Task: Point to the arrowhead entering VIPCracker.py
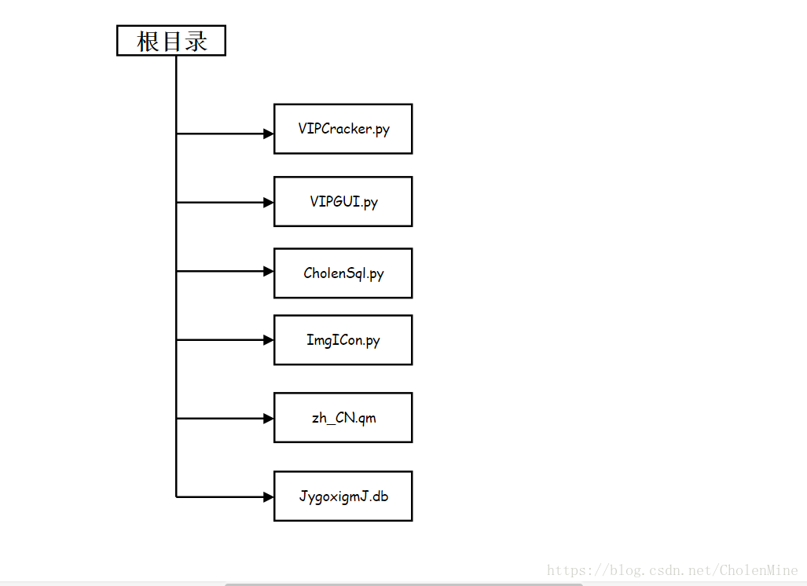[x=269, y=134]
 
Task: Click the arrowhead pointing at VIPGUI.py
[x=269, y=203]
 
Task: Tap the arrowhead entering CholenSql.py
[x=269, y=271]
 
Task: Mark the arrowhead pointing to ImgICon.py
[x=269, y=340]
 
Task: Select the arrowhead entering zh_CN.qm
[x=269, y=419]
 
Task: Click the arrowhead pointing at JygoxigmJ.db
[x=269, y=497]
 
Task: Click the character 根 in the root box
[x=147, y=41]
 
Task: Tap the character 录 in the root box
[x=196, y=41]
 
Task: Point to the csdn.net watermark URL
[x=672, y=570]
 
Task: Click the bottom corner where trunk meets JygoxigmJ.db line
[x=176, y=497]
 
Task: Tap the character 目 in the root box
[x=171, y=41]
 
